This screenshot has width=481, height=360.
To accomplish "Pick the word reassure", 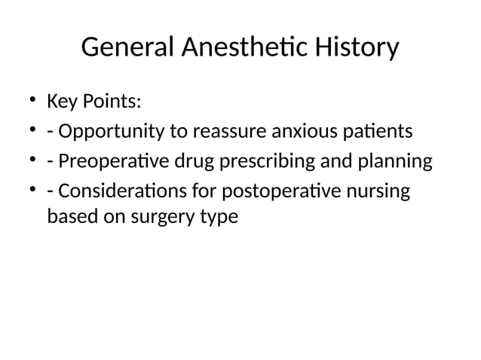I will [x=228, y=133].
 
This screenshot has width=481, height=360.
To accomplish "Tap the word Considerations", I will [x=120, y=193].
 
